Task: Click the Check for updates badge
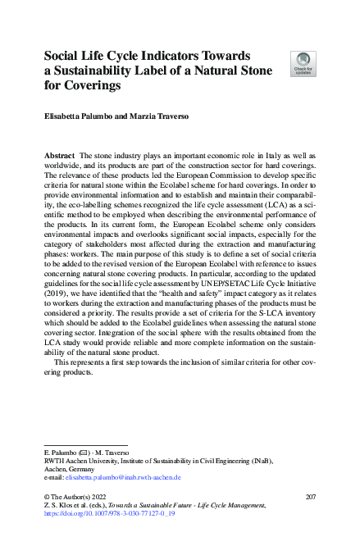pyautogui.click(x=303, y=63)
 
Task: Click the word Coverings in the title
pyautogui.click(x=88, y=84)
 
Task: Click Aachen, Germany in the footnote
pyautogui.click(x=70, y=469)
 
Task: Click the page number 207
pyautogui.click(x=310, y=497)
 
